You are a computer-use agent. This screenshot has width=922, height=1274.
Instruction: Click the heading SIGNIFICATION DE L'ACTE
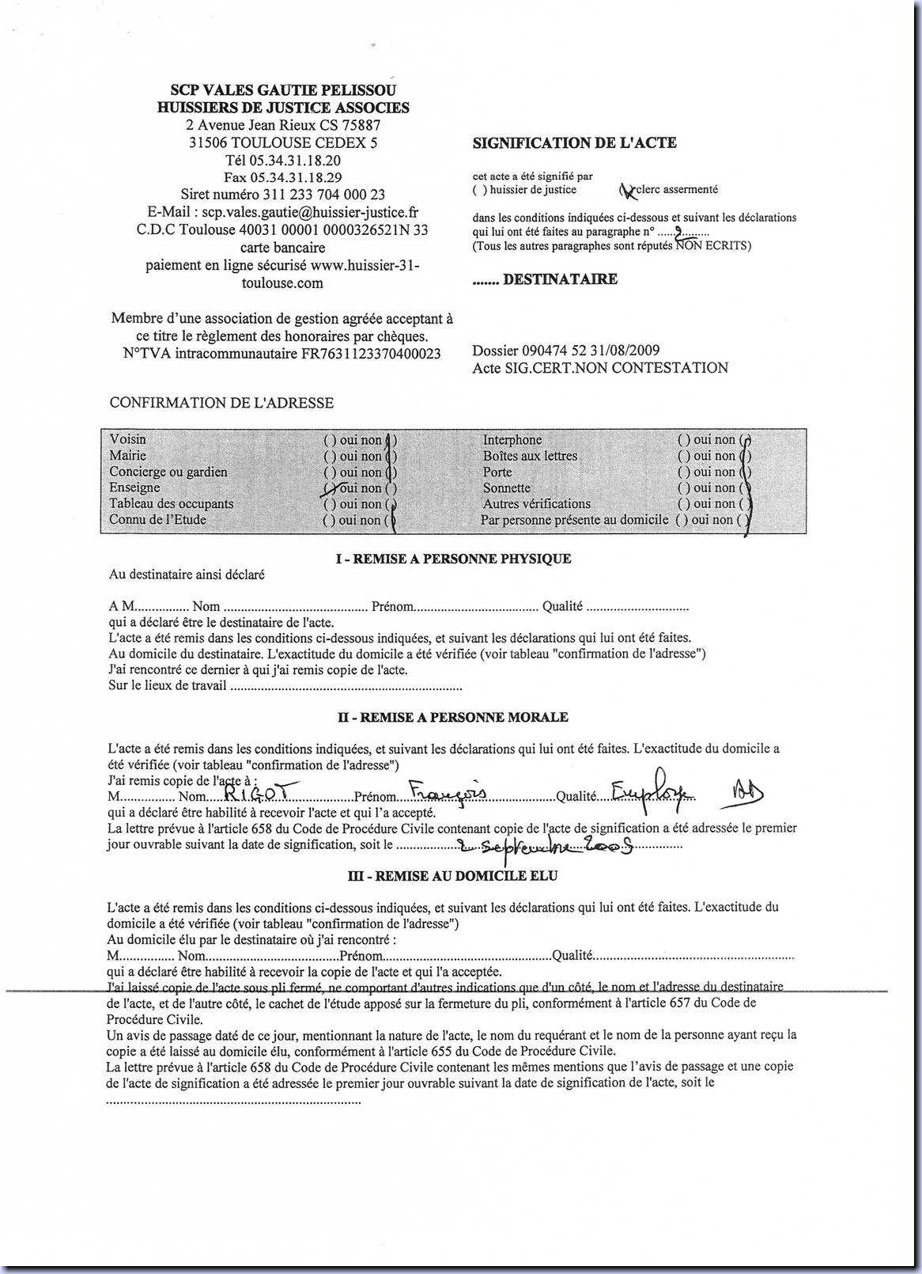[574, 143]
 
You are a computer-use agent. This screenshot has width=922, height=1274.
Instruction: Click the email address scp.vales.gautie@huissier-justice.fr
[310, 212]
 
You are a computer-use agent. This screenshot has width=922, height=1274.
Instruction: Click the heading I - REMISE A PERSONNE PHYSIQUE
[453, 559]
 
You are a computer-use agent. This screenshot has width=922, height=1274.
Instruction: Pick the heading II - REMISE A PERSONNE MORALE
[453, 717]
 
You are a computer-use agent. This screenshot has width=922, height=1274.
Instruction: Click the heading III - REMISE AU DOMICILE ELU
[453, 876]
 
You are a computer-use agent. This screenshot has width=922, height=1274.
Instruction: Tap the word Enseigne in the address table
[134, 487]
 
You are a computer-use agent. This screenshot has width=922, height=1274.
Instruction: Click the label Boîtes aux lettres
[530, 456]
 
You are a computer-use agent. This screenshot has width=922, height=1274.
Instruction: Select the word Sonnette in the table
[507, 487]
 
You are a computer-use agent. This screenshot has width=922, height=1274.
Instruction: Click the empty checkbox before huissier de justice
[479, 190]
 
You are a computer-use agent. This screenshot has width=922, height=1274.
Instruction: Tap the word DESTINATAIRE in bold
[560, 279]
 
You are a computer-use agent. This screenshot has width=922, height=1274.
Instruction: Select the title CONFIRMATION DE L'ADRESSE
[221, 403]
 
